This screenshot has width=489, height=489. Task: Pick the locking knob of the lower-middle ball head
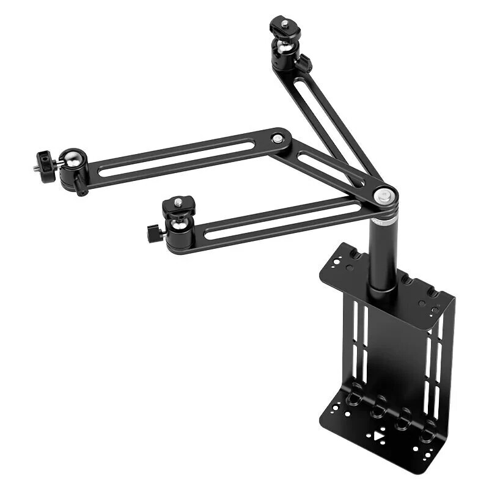pyautogui.click(x=152, y=232)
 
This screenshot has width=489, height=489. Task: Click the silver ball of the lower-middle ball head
pyautogui.click(x=178, y=225)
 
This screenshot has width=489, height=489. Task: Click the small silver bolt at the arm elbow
pyautogui.click(x=278, y=139)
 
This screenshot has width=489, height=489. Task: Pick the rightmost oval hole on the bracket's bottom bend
pyautogui.click(x=428, y=427)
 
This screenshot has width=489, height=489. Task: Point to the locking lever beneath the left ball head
pyautogui.click(x=81, y=185)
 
